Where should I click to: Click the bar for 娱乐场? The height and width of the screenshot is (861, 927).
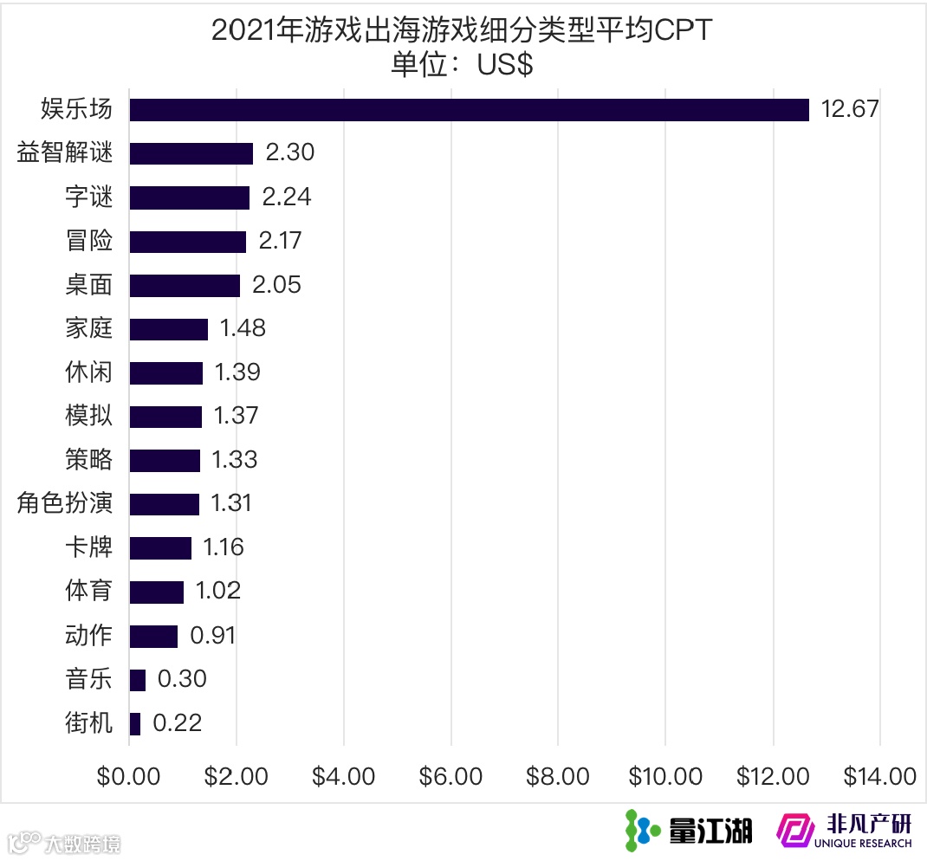(469, 110)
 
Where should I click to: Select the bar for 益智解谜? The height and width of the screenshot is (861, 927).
(191, 153)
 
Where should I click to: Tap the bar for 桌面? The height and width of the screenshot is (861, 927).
(185, 285)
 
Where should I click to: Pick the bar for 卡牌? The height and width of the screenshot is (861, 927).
(160, 547)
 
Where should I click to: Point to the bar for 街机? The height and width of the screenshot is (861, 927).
(135, 723)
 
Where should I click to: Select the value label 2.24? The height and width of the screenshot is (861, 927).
(286, 197)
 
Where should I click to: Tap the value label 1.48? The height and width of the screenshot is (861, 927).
(243, 328)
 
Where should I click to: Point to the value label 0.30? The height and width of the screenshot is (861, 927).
(182, 679)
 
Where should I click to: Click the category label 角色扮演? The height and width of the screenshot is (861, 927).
(65, 503)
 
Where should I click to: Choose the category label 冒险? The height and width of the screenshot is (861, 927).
(89, 241)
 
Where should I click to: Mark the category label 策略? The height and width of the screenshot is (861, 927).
(89, 459)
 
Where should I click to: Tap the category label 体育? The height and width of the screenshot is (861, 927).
(89, 591)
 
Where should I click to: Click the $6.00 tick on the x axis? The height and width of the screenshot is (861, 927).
(451, 776)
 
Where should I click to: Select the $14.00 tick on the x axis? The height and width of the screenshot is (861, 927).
(879, 776)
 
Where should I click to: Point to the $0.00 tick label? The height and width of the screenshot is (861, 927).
(129, 776)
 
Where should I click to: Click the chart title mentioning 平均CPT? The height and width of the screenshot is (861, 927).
(461, 31)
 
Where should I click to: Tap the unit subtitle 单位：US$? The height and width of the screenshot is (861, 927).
(461, 66)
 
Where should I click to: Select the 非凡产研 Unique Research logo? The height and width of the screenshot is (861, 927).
(845, 830)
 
